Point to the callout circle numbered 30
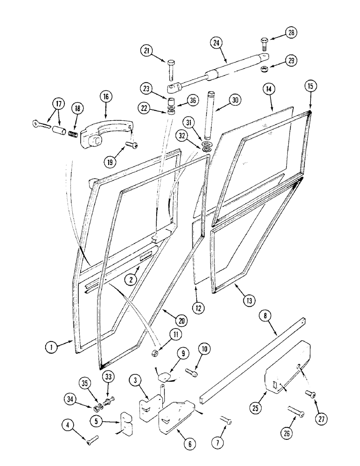(235, 100)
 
